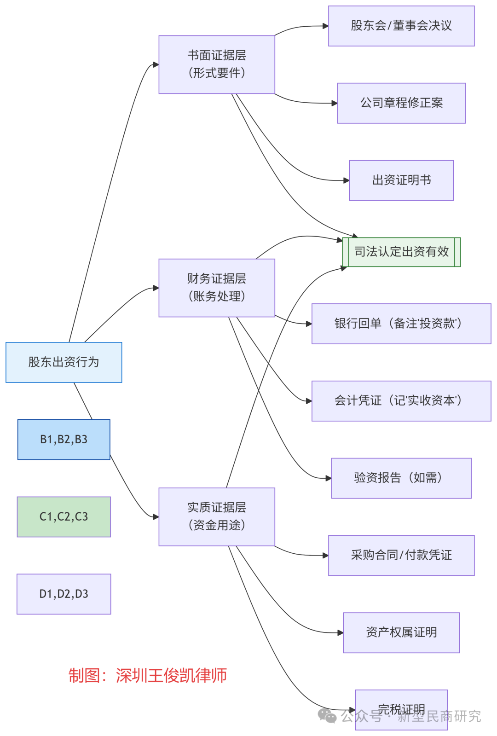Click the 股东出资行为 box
(64, 362)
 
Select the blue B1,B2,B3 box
(64, 440)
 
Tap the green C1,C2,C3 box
(64, 516)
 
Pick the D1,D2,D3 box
(64, 594)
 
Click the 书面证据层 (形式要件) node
(217, 64)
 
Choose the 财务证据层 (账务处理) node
(217, 288)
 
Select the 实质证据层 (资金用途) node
(217, 516)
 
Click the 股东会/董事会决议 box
(401, 26)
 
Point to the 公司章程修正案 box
(401, 103)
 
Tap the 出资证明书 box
(401, 180)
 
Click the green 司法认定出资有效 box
(401, 252)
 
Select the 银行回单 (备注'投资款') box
(401, 324)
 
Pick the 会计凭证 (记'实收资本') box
(401, 401)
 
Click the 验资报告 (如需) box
(401, 478)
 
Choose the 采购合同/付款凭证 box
(401, 555)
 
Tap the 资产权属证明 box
(401, 632)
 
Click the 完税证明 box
(401, 704)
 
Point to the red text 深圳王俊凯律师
(171, 676)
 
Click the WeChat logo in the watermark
(327, 716)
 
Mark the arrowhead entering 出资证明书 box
(347, 180)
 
